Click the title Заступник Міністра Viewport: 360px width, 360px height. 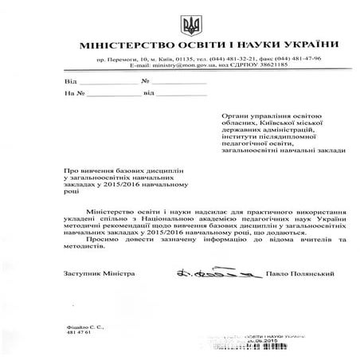(x=92, y=274)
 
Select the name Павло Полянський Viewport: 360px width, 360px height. (x=276, y=274)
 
